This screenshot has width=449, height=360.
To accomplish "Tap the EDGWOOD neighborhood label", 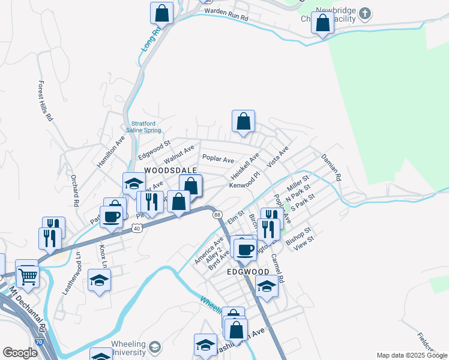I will click(247, 272).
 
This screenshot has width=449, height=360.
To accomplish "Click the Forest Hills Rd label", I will click(45, 101).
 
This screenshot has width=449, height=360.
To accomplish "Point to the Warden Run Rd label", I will click(226, 14).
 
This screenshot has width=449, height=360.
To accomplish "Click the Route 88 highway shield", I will click(217, 215).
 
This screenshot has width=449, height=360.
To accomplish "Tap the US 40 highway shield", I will click(137, 227).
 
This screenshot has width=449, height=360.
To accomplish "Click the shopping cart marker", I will click(27, 275).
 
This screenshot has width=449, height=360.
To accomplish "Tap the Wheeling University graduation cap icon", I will click(155, 347).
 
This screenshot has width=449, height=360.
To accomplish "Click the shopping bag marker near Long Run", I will click(161, 12).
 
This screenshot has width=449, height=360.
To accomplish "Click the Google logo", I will click(20, 353).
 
